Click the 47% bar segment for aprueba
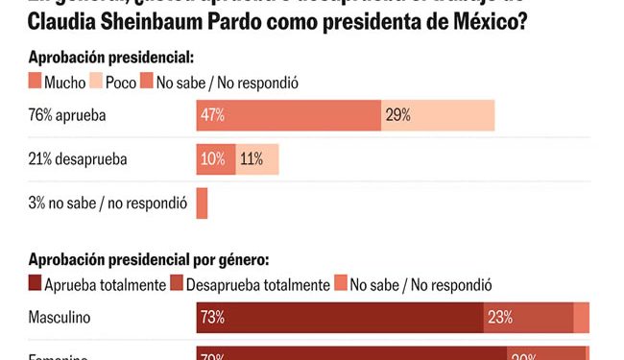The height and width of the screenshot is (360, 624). click(288, 115)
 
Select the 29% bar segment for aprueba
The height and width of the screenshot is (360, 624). click(438, 115)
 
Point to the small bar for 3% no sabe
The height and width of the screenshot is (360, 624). click(202, 203)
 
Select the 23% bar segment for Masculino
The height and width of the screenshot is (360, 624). click(527, 317)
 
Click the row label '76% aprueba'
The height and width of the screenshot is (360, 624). click(66, 115)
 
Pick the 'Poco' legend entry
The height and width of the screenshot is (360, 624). click(121, 83)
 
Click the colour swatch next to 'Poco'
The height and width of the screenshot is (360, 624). click(96, 83)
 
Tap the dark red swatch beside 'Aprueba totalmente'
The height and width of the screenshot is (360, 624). click(36, 284)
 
